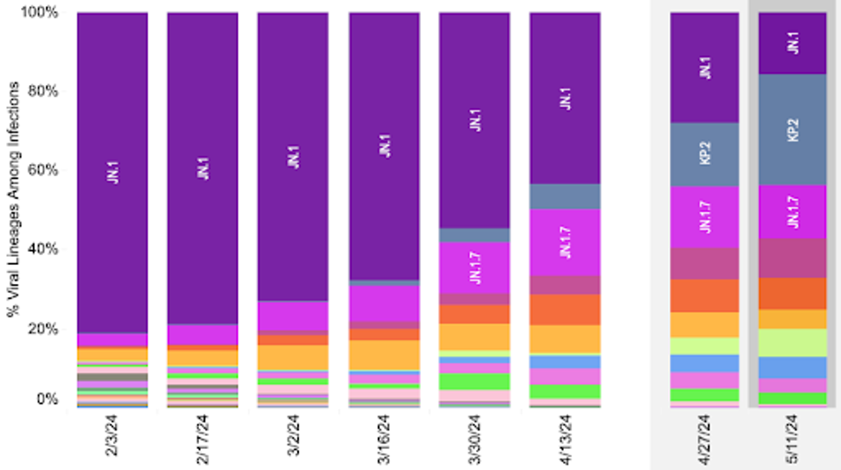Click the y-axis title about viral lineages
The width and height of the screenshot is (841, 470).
(15, 210)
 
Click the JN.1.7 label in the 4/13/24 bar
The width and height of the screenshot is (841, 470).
(566, 241)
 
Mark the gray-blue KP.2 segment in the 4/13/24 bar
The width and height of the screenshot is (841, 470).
(566, 196)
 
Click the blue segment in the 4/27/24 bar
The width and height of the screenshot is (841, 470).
(705, 363)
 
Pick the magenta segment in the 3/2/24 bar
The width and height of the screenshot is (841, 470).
(294, 316)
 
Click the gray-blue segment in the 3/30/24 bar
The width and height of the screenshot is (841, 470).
(474, 235)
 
